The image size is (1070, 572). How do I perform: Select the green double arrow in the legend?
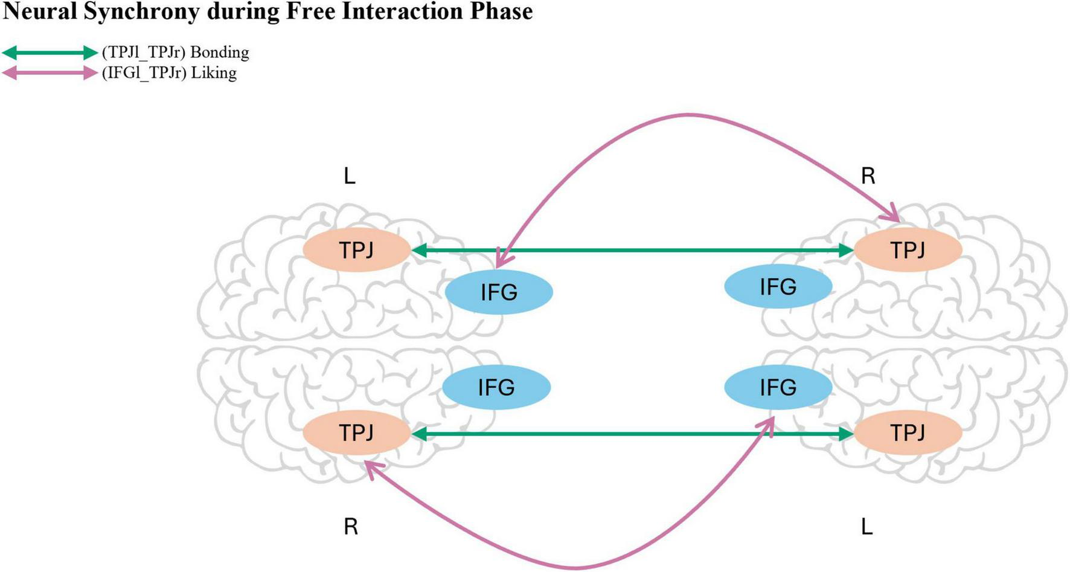[50, 53]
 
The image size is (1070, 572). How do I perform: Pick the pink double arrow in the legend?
[50, 73]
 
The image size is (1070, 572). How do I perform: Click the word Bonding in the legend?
[219, 53]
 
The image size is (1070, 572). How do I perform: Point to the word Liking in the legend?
[213, 73]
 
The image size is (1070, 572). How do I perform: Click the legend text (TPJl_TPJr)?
[143, 53]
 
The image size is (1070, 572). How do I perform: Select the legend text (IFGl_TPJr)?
[143, 73]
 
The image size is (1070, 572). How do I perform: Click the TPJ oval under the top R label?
[908, 249]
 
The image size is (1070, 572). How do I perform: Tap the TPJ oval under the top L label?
[356, 249]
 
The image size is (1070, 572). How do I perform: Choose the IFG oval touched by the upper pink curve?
[499, 292]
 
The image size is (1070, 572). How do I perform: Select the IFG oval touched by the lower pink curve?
[778, 387]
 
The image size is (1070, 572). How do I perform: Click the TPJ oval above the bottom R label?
[356, 432]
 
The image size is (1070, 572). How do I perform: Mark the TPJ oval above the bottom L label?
[908, 432]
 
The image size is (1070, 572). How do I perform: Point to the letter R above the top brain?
[868, 176]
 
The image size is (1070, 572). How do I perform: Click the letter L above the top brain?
[350, 176]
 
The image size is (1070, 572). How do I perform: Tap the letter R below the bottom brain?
[351, 527]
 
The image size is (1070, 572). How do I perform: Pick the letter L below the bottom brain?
[867, 527]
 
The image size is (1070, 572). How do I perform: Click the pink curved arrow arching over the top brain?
[688, 114]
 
